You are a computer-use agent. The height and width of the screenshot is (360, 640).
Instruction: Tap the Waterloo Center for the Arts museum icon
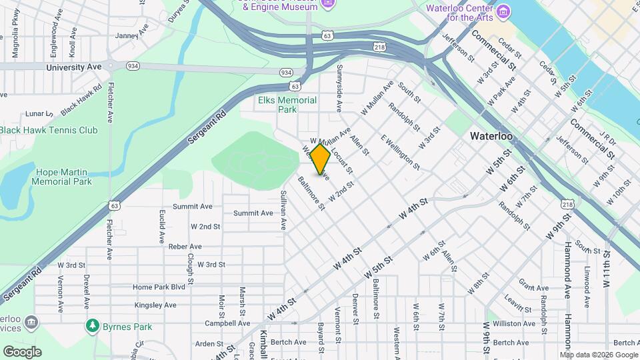coord(503,11)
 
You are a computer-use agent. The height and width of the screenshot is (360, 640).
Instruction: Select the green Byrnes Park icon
coord(92,326)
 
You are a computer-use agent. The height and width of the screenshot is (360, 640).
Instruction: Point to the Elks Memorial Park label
coord(287,105)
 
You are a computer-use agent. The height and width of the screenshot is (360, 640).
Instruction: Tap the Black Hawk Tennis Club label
coord(49,131)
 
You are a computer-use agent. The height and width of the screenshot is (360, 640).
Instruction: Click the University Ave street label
coord(74,67)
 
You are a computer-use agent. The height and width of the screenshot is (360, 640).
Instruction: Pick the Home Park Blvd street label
coord(159,287)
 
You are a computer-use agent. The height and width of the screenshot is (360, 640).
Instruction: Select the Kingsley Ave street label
coord(155,305)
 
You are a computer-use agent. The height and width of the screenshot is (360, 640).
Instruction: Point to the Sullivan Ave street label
coord(283,210)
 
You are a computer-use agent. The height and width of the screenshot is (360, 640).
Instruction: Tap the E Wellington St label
coord(400,152)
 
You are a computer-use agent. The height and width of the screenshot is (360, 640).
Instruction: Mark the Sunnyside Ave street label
coord(339,93)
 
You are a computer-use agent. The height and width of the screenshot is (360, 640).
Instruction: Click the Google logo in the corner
coord(22,352)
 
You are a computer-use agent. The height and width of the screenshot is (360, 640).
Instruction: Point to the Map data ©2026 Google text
coord(599,355)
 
